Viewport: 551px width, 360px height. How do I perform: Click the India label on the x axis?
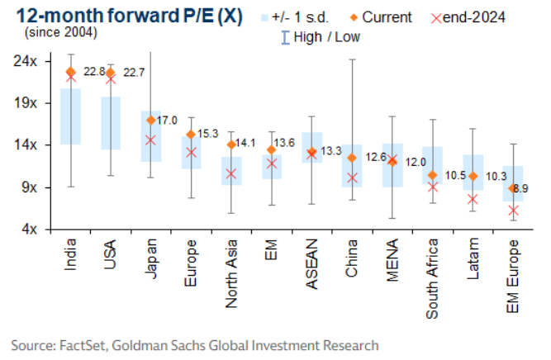(70, 257)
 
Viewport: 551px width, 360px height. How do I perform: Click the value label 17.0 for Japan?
(169, 121)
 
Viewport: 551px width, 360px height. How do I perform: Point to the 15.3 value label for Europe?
(207, 134)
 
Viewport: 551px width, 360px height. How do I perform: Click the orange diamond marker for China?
(352, 158)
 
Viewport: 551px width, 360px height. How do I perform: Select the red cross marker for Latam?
(472, 199)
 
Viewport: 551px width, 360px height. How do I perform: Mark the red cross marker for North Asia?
(231, 173)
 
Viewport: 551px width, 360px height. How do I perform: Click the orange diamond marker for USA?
(111, 73)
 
